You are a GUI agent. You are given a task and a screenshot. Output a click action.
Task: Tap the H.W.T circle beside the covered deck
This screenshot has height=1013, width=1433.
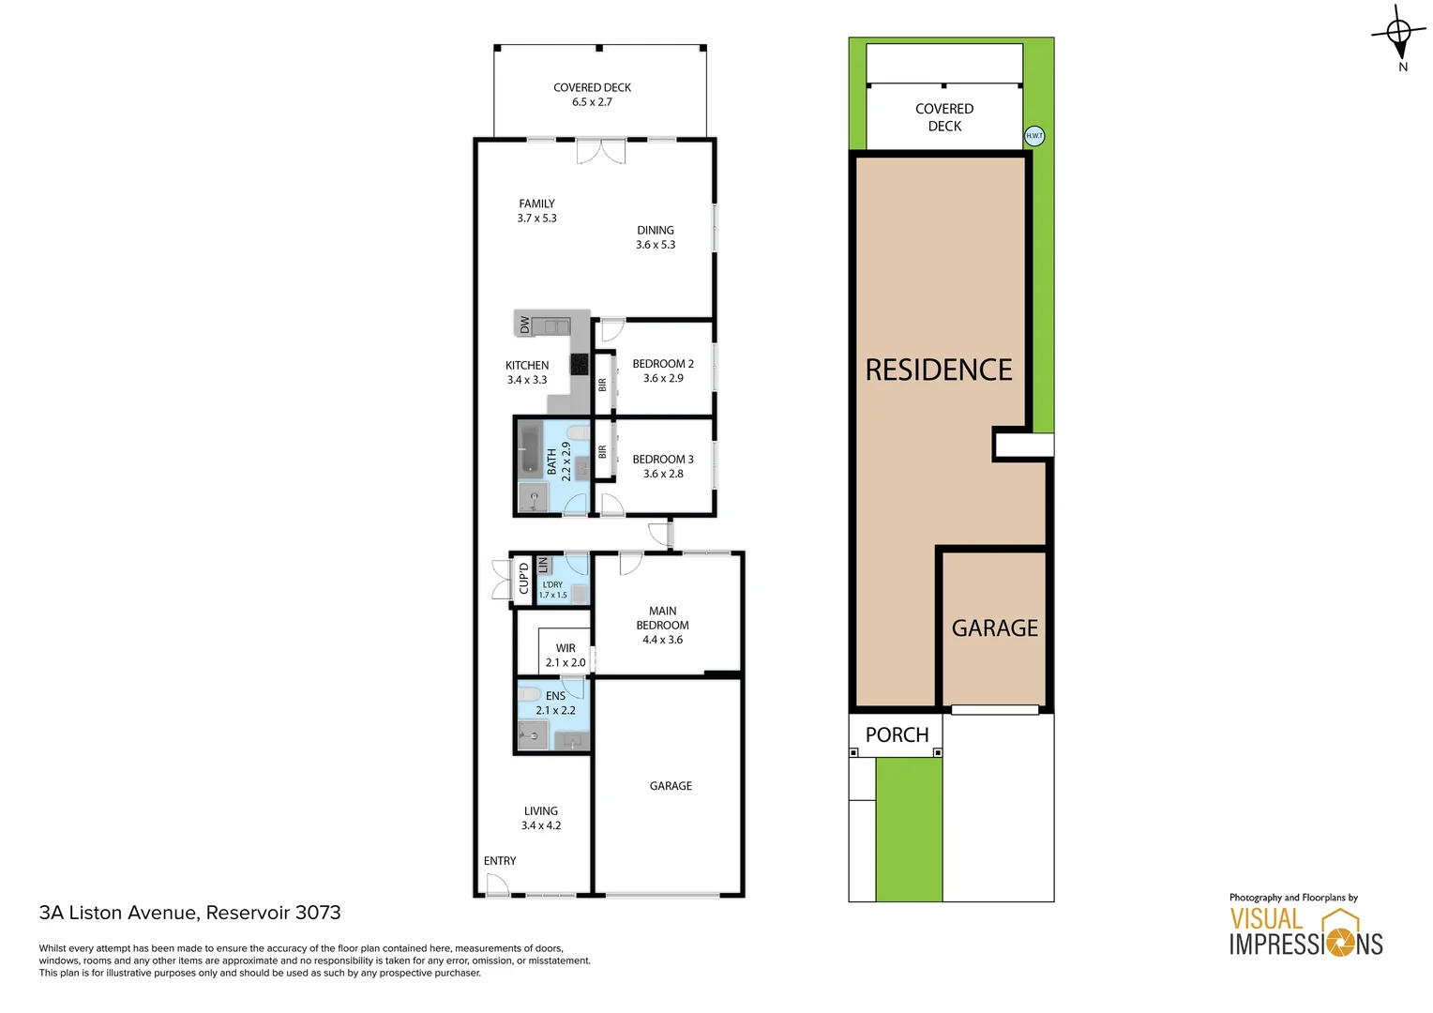(1034, 136)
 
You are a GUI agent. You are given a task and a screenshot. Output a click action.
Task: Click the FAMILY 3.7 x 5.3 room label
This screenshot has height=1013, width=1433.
(536, 211)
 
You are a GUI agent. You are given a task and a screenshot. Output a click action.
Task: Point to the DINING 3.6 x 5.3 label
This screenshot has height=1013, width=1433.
(656, 237)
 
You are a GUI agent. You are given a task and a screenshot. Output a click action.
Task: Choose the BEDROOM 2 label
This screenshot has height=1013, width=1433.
(663, 370)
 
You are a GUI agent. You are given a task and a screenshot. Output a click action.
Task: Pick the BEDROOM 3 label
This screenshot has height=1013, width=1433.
(663, 466)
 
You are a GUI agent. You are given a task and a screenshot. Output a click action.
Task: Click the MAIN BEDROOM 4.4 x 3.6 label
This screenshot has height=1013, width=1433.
(662, 625)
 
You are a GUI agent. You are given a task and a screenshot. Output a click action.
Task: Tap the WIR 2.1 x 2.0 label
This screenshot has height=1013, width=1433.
(566, 655)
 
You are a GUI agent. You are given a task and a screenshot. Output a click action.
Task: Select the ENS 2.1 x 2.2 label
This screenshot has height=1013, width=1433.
(555, 703)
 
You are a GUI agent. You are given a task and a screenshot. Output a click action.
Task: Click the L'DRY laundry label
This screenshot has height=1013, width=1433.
(552, 589)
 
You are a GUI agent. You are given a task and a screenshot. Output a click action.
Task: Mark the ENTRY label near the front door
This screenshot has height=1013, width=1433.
(500, 861)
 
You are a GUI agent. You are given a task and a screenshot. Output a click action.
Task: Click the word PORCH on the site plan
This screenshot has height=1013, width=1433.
(897, 735)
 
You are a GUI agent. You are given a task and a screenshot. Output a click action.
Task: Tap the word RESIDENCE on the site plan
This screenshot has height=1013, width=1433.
(939, 370)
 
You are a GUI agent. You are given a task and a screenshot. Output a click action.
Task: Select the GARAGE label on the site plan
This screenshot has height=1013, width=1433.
(995, 628)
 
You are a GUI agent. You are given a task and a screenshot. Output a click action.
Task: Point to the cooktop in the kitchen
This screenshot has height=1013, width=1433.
(580, 364)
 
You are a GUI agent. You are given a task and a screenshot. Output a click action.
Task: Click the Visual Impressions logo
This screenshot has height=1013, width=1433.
(1305, 930)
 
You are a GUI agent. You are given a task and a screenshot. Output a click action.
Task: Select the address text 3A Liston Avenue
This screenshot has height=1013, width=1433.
(189, 913)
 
